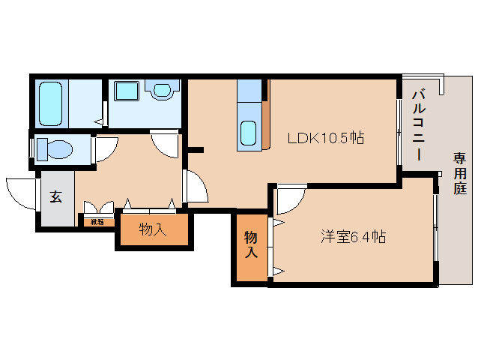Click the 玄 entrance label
tap(55, 197)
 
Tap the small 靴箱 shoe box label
tap(97, 221)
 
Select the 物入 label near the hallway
tap(153, 229)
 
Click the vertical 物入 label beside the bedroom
tap(251, 244)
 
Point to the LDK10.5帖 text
tap(327, 138)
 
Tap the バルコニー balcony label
tap(420, 124)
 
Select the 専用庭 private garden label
tap(459, 173)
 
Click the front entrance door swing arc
tap(20, 192)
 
